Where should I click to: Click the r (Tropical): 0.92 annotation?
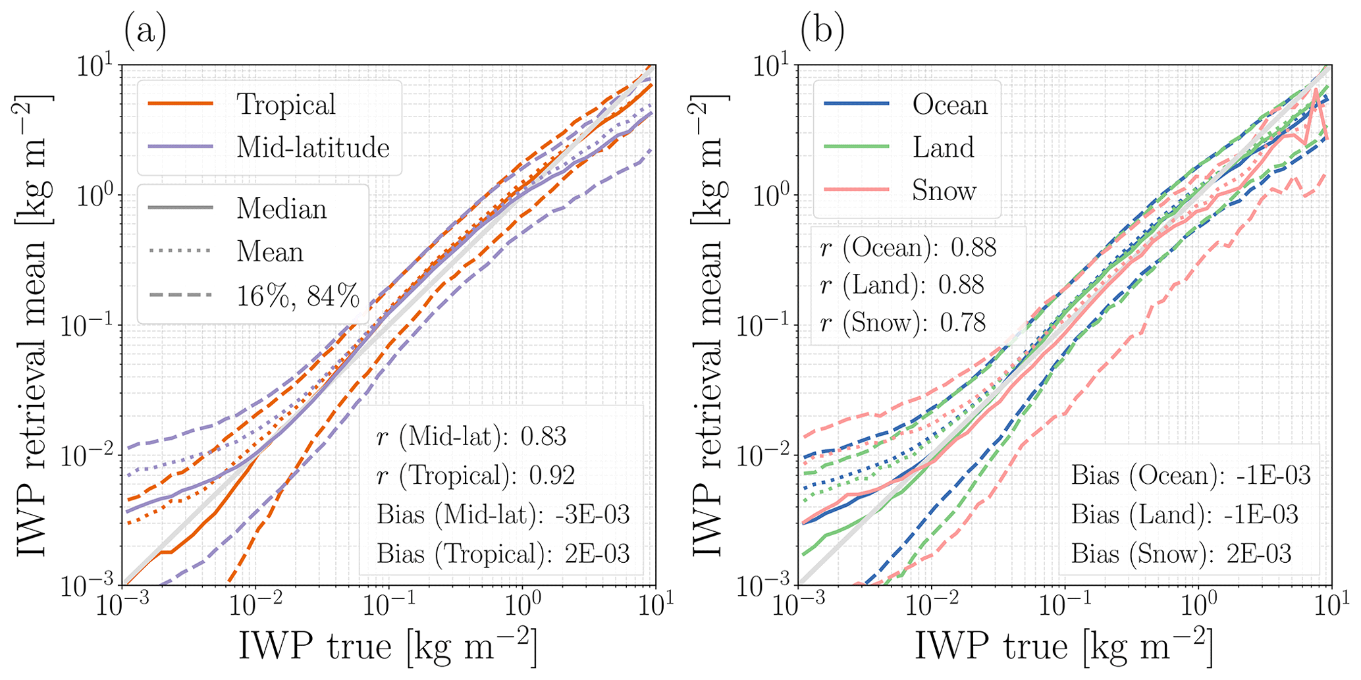[x=475, y=475]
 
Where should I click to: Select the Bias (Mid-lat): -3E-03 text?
[x=503, y=514]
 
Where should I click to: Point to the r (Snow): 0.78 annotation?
[x=903, y=323]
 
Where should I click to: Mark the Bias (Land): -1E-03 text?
[x=1185, y=514]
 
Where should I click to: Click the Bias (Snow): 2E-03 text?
[x=1181, y=554]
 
